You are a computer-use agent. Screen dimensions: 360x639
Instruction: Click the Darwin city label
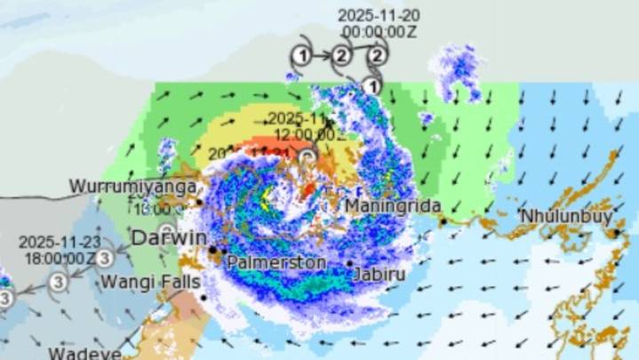pyautogui.click(x=169, y=238)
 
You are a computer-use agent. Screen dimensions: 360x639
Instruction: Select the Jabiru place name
pyautogui.click(x=379, y=275)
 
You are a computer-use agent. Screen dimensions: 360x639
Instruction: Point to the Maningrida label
pyautogui.click(x=387, y=206)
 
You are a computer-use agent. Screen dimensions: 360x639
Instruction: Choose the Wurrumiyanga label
pyautogui.click(x=121, y=188)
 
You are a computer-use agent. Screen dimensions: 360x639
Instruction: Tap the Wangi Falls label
pyautogui.click(x=147, y=282)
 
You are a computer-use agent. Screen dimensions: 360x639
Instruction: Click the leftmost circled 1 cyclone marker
pyautogui.click(x=301, y=56)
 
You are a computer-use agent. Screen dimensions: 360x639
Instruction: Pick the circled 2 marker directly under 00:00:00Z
pyautogui.click(x=378, y=56)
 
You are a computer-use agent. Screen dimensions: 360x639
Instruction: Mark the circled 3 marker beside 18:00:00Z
pyautogui.click(x=104, y=258)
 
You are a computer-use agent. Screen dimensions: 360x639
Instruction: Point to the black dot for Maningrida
pyautogui.click(x=442, y=222)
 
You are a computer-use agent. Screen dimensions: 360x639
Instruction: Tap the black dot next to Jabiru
pyautogui.click(x=349, y=263)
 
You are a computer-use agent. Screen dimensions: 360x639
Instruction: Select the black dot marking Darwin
pyautogui.click(x=212, y=251)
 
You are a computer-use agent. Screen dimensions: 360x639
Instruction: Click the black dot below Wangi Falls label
pyautogui.click(x=204, y=297)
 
